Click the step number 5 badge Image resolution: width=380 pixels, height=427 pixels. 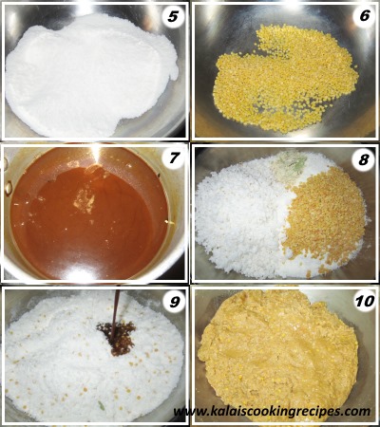173,16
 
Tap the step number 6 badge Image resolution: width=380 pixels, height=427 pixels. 365,15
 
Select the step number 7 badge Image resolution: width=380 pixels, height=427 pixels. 174,158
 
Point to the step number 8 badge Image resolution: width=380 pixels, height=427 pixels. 364,160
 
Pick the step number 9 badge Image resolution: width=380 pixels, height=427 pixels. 174,302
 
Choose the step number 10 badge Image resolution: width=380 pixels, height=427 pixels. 365,301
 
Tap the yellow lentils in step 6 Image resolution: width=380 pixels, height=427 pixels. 285,79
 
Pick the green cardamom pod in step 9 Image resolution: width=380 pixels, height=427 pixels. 102,405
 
